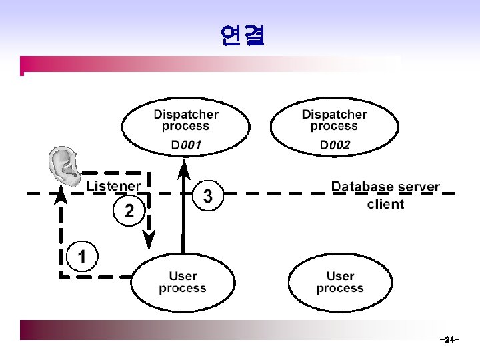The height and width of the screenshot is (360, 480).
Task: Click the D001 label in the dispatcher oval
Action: click(x=185, y=145)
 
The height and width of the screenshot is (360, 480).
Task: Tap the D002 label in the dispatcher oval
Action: click(x=334, y=145)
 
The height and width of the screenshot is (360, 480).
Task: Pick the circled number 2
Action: click(x=129, y=211)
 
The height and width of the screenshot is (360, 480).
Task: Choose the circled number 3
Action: click(x=209, y=196)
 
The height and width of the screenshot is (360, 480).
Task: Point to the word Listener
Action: click(x=113, y=186)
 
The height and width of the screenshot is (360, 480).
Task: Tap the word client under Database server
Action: click(x=385, y=204)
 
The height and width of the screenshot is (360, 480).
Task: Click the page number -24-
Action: click(x=449, y=340)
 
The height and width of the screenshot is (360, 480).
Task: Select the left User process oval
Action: click(x=183, y=282)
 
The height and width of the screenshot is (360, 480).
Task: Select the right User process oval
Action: click(x=340, y=282)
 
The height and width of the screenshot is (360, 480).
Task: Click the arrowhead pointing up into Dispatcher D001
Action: click(x=185, y=169)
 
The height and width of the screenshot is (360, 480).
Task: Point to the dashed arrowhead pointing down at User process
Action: click(x=149, y=238)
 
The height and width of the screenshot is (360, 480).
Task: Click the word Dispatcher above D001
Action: click(x=185, y=114)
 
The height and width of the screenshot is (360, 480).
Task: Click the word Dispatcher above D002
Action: click(x=334, y=114)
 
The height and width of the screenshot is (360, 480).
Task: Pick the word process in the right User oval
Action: click(x=340, y=289)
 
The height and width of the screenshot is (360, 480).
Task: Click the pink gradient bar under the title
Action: click(x=200, y=64)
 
